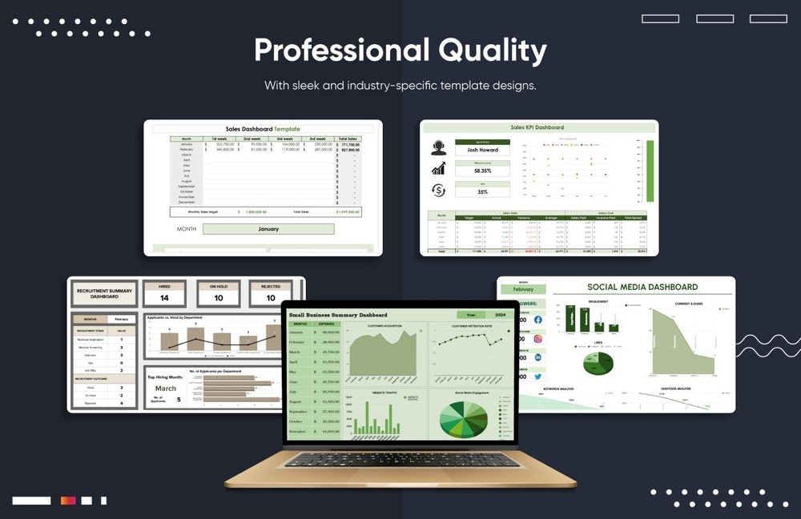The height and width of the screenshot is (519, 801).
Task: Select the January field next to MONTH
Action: coord(268,229)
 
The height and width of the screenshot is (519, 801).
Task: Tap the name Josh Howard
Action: coord(482,150)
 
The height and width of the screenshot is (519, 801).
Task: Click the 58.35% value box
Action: coord(482,171)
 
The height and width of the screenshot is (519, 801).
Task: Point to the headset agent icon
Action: coord(438,147)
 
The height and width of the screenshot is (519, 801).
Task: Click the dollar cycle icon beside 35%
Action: coord(438,190)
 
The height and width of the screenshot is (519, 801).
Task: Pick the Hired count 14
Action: coord(164,298)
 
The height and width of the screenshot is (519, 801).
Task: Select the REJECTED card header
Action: coord(271,286)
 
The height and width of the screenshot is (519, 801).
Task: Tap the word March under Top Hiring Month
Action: coord(166,388)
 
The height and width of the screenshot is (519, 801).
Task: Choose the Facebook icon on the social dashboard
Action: coord(537,320)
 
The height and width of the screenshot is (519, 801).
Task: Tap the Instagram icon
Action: coord(537,339)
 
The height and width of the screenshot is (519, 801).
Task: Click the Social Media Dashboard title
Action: coord(642,287)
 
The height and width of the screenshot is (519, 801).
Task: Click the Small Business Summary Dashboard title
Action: coord(338,315)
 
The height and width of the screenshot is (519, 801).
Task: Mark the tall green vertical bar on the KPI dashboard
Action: coord(650,171)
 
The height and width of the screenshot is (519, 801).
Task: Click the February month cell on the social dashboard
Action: coord(523,289)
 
